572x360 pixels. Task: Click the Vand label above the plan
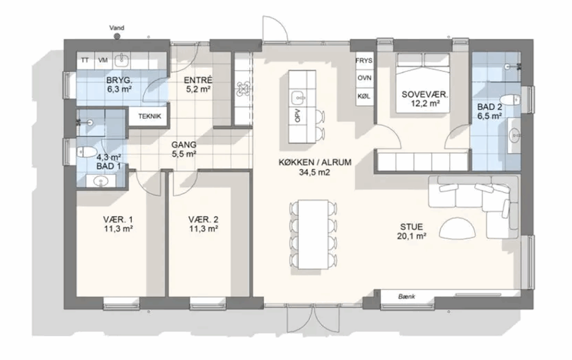(x=117, y=28)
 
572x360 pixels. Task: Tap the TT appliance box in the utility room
(x=85, y=60)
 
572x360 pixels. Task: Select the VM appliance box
(x=103, y=60)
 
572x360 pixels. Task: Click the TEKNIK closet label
(x=150, y=117)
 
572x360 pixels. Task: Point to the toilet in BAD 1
(x=86, y=152)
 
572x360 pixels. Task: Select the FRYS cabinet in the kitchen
(x=364, y=60)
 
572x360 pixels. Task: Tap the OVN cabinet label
(x=364, y=78)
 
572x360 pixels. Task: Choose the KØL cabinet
(x=364, y=96)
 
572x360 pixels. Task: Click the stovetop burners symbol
(x=242, y=89)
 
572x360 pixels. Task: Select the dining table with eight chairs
(x=313, y=234)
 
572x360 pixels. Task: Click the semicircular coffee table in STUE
(x=457, y=228)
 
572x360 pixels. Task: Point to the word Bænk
(x=407, y=296)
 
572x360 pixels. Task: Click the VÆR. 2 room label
(x=203, y=220)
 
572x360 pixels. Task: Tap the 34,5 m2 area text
(x=314, y=172)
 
